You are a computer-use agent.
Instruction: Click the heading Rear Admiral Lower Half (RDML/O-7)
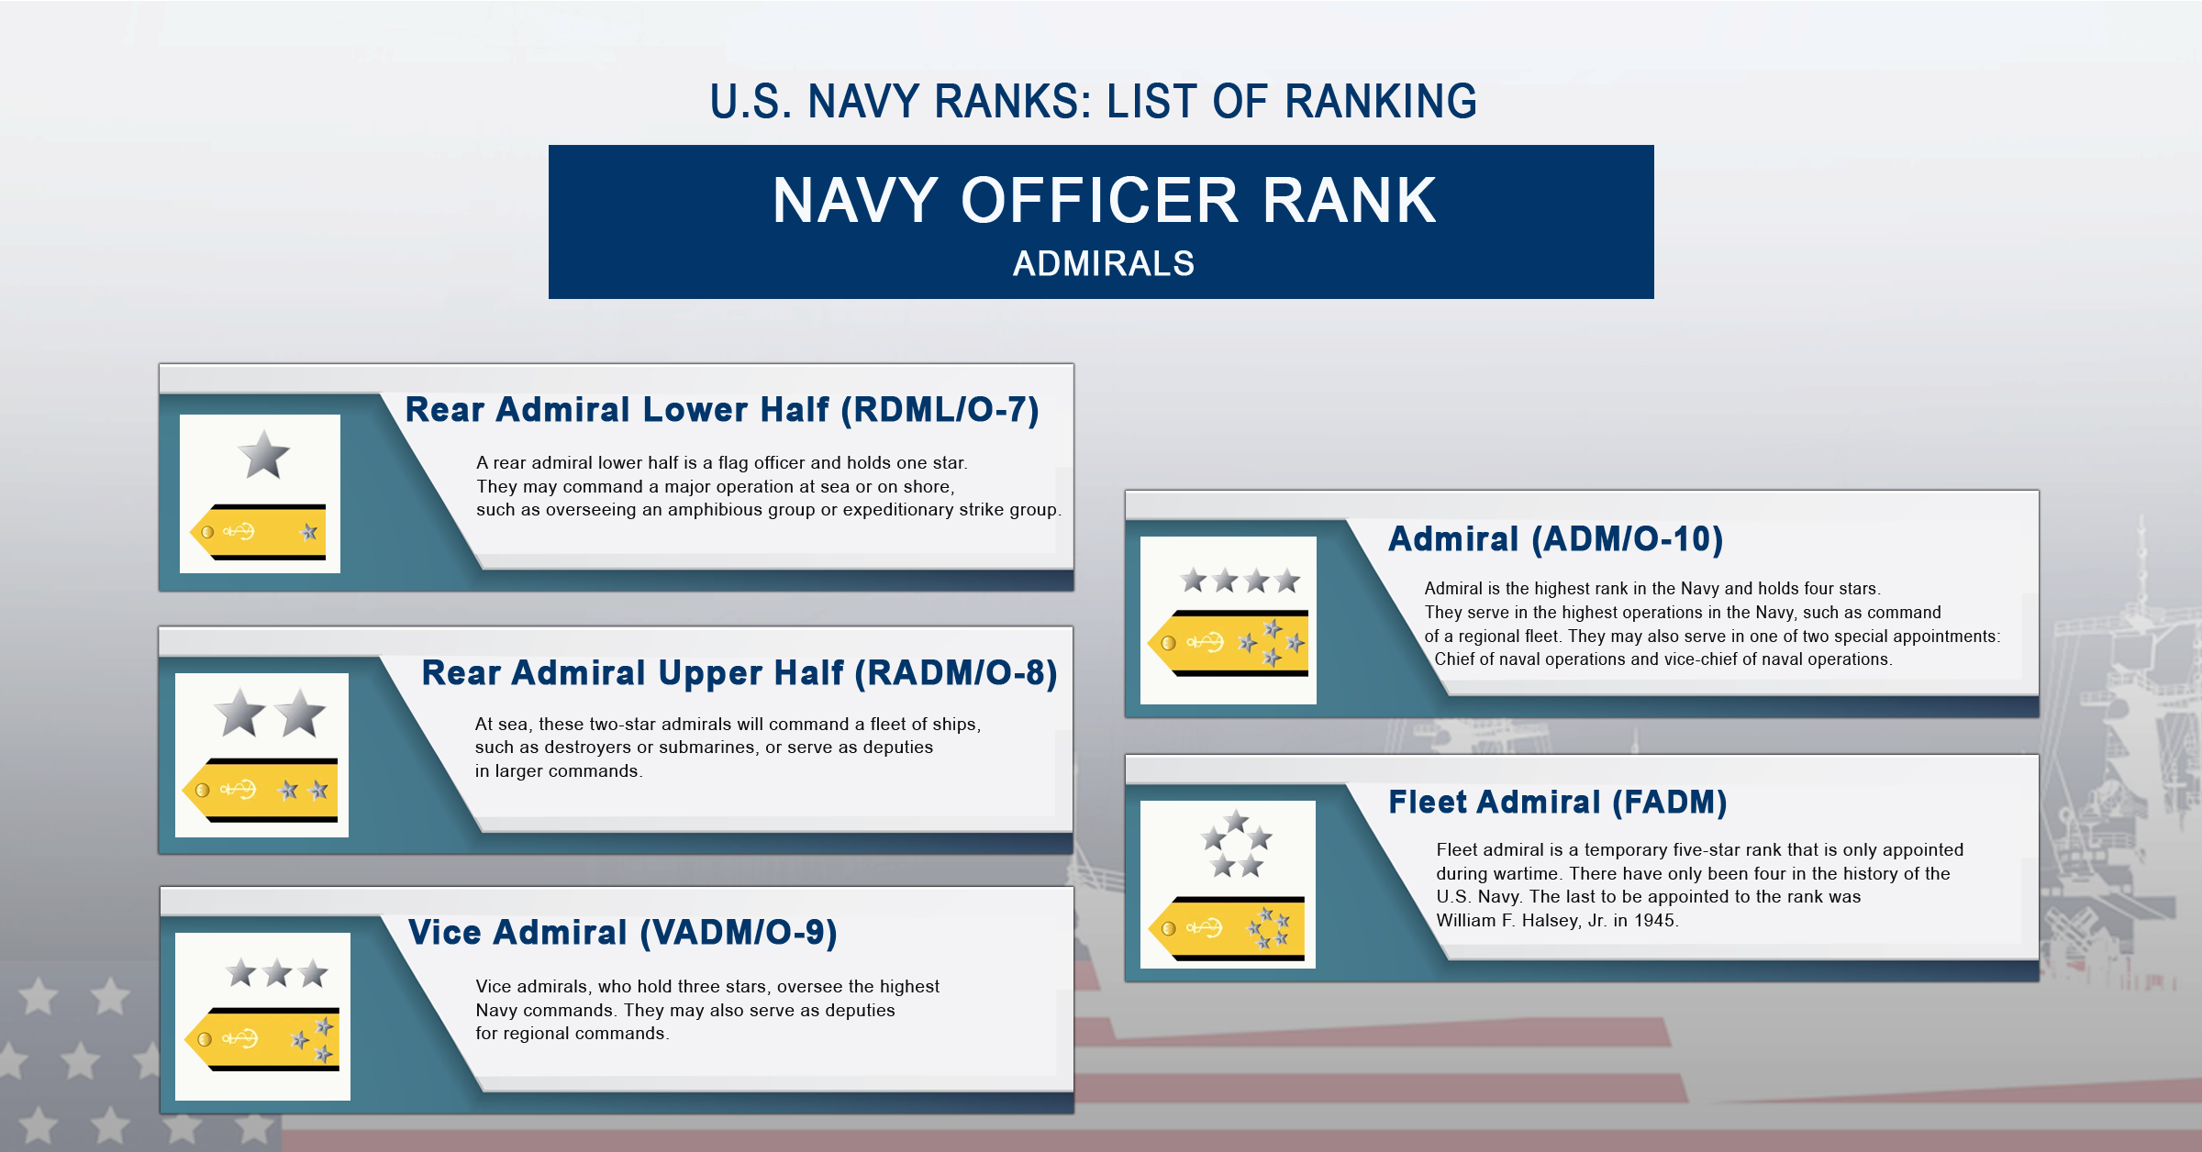tap(721, 410)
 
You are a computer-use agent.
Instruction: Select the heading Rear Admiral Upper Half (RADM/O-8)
tap(739, 673)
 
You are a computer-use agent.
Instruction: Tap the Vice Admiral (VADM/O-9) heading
tap(622, 933)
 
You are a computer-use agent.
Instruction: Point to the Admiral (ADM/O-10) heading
tap(1555, 539)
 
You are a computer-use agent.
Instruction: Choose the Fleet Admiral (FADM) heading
tap(1557, 803)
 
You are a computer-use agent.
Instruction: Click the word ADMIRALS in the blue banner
tap(1103, 264)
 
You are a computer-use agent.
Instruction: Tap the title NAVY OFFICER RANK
tap(1104, 201)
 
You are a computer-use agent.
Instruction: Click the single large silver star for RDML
tap(263, 456)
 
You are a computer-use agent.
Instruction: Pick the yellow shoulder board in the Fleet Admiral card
tap(1228, 928)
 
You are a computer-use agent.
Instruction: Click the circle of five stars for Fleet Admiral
tap(1236, 845)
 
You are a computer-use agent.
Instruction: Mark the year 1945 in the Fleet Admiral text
tap(1654, 921)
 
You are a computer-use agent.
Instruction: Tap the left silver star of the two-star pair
tap(239, 714)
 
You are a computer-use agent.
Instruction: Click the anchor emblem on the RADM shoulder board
tap(239, 790)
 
